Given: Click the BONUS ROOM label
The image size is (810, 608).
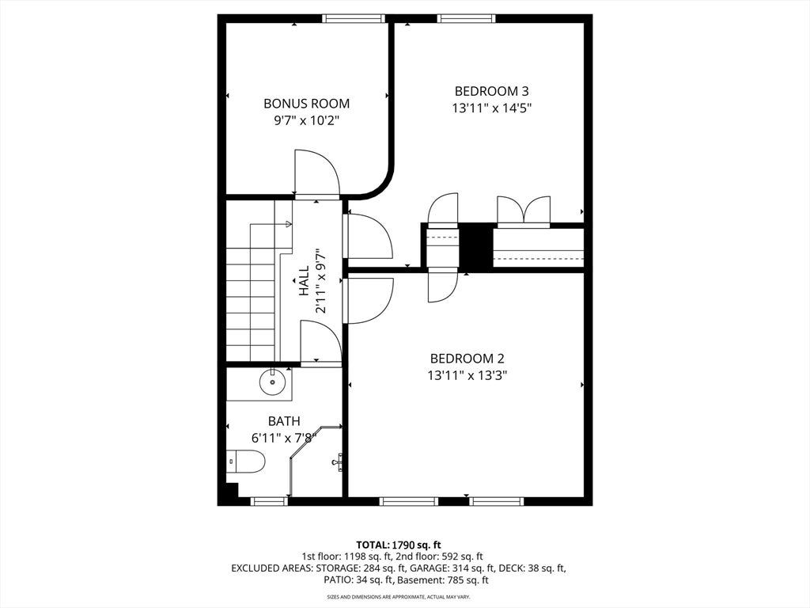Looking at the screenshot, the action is (306, 104).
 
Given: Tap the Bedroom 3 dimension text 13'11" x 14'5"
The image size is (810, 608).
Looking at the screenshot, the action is (492, 108).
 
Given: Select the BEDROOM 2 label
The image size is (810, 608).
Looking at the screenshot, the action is (467, 359).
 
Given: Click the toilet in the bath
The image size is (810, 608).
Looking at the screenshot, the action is (246, 462).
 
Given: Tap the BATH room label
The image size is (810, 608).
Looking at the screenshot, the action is (284, 421).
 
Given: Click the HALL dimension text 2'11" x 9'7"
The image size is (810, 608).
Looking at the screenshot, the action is (320, 281).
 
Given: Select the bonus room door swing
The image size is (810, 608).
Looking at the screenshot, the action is (316, 173).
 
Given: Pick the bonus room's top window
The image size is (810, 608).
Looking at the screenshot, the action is (354, 19).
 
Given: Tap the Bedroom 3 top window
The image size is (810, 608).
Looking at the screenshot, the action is (467, 19).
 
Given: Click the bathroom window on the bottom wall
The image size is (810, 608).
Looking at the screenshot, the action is (269, 501).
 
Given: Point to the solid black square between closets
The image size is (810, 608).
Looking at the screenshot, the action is (475, 247).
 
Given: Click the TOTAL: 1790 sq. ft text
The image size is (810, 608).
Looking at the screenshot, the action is (399, 545).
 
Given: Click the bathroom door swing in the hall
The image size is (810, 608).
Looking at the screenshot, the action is (321, 342).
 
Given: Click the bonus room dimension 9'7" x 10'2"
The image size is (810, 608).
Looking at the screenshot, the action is (306, 121).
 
